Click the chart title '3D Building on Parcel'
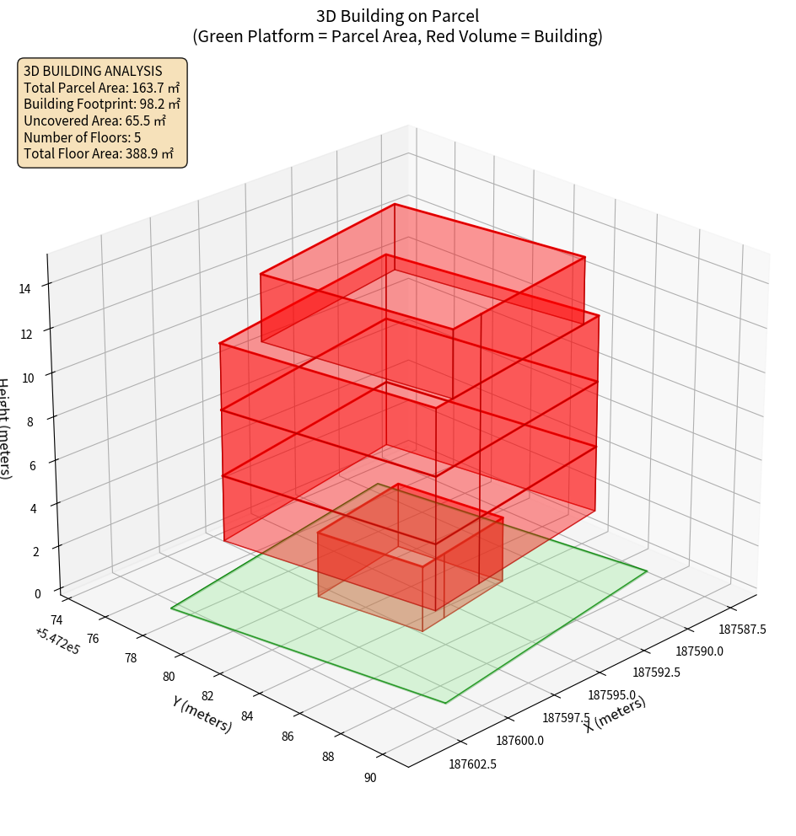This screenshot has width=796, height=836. (397, 15)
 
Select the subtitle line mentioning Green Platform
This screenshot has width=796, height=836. (397, 36)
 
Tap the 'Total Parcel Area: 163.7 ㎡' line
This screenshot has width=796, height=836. (101, 88)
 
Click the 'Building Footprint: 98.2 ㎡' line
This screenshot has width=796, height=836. (102, 104)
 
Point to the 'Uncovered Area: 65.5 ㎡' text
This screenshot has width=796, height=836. (94, 121)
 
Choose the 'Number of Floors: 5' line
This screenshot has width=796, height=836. (83, 137)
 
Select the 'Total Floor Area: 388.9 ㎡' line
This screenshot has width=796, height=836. (99, 153)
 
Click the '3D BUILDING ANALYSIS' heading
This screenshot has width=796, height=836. (93, 71)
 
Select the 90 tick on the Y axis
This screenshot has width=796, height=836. (370, 777)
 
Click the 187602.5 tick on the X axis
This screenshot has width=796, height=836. (472, 764)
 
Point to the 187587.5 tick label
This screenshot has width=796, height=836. (742, 629)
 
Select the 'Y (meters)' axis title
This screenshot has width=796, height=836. (202, 715)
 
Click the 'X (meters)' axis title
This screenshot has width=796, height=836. (616, 715)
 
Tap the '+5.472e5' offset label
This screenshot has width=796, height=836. (57, 641)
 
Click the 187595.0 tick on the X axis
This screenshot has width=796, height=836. (611, 695)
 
